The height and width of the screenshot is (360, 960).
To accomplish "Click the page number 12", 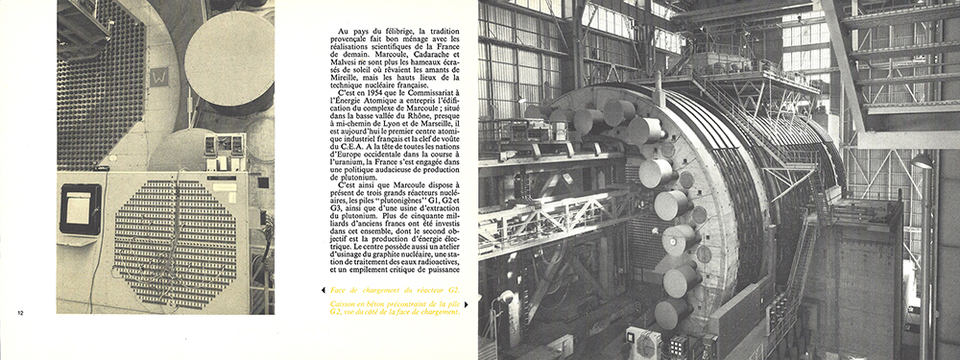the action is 21,312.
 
